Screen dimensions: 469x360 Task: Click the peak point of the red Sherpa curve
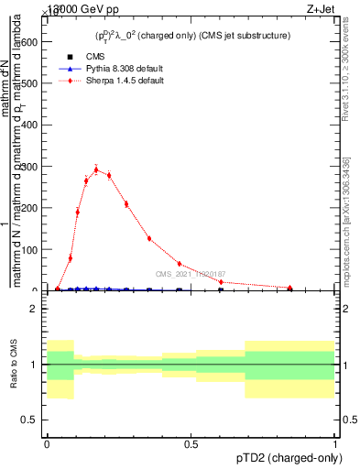96,169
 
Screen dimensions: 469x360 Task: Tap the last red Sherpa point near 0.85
290,288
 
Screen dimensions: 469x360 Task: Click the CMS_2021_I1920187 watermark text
191,274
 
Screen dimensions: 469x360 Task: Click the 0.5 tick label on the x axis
191,442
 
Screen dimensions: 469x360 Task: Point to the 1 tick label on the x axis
335,442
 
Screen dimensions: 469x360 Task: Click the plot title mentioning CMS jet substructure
193,36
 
